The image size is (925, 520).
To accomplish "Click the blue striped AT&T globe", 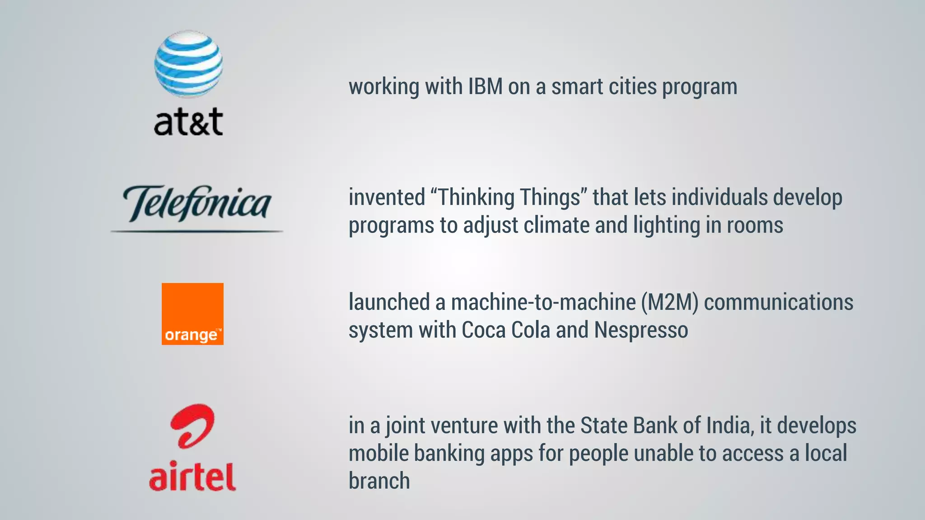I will (x=188, y=64).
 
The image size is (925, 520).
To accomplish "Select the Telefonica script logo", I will (x=197, y=203).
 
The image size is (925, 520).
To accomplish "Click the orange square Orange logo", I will (x=192, y=314).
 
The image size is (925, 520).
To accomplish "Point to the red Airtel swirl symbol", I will (x=192, y=426).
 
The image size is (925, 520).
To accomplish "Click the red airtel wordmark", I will (x=192, y=476).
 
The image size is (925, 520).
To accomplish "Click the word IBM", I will (x=485, y=87).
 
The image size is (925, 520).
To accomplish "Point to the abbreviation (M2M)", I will (x=670, y=302).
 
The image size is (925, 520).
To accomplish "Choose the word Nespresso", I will (x=641, y=330).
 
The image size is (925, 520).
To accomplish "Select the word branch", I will (x=379, y=481).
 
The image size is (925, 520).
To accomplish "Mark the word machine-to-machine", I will (x=543, y=302).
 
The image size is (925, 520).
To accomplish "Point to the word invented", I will (x=387, y=198).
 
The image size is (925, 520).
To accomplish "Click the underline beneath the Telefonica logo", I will (x=197, y=232).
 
